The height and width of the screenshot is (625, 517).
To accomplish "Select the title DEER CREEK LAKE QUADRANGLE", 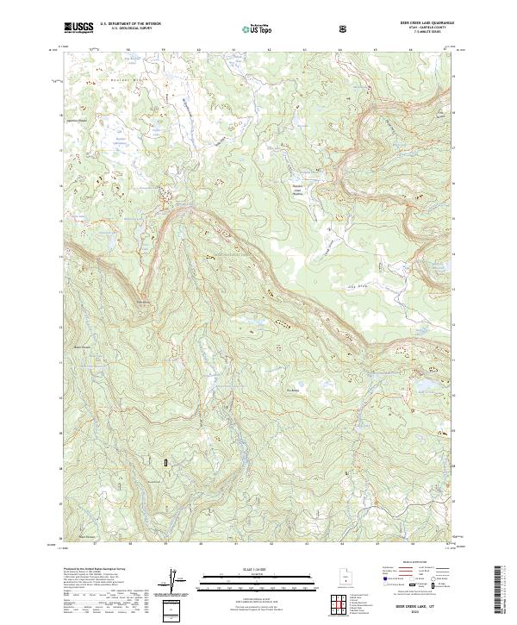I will pyautogui.click(x=425, y=23).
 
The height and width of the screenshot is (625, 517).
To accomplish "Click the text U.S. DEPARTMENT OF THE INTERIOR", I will pyautogui.click(x=129, y=24).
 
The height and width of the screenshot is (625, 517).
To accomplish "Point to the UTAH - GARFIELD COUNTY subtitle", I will pyautogui.click(x=425, y=28).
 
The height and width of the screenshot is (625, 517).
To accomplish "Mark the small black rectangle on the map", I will pyautogui.click(x=165, y=463).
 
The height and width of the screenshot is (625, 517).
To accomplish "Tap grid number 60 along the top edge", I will pyautogui.click(x=199, y=50).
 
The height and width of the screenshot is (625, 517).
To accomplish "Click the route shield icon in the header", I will pyautogui.click(x=343, y=28).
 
